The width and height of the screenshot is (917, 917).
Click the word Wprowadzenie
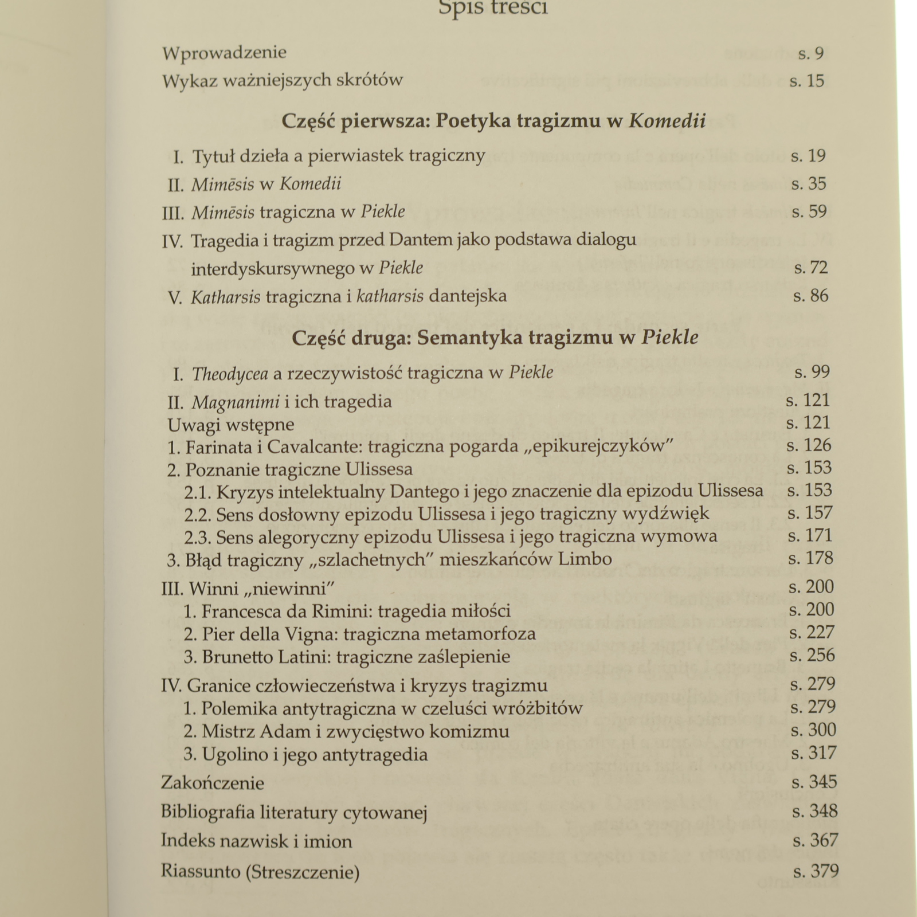click(224, 53)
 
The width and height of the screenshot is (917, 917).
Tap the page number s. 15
click(806, 81)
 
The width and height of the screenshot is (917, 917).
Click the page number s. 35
click(809, 184)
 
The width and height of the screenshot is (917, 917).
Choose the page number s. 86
click(810, 296)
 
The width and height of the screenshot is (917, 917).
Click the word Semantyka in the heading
click(469, 338)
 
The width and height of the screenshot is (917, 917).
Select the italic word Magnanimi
click(236, 402)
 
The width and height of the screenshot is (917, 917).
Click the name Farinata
click(218, 446)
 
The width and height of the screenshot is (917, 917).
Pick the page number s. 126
click(809, 445)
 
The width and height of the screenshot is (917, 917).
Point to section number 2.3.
click(198, 537)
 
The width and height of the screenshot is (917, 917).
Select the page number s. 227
click(812, 633)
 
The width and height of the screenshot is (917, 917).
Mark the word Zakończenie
click(213, 783)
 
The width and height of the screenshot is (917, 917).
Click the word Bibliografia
click(207, 812)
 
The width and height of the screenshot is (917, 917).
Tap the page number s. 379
click(816, 872)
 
